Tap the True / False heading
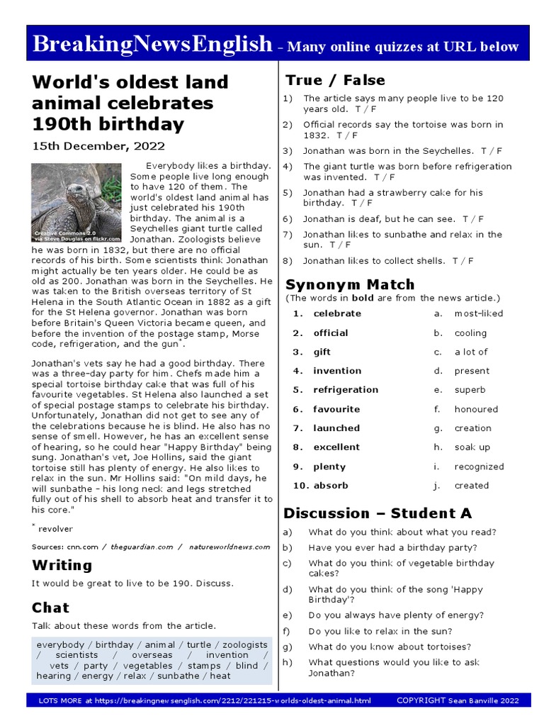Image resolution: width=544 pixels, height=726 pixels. (335, 80)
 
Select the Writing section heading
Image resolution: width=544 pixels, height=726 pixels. (62, 565)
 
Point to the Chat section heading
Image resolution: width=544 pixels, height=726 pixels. (50, 608)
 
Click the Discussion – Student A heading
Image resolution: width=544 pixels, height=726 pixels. (378, 513)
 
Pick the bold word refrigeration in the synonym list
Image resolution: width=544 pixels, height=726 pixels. (346, 390)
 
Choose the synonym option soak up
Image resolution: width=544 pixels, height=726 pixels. (472, 447)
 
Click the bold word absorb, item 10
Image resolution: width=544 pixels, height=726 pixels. (331, 486)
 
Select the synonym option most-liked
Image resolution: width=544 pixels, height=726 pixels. (479, 313)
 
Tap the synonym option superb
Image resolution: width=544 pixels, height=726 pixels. (470, 390)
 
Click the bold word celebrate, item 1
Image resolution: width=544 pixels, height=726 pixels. (337, 313)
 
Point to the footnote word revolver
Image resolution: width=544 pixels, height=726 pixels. (55, 529)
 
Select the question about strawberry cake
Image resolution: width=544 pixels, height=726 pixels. (392, 198)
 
